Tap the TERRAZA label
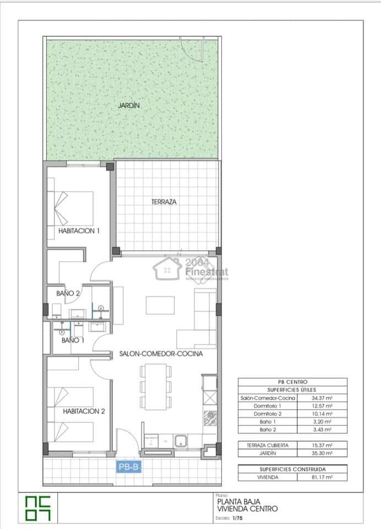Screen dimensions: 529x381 [x=164, y=202]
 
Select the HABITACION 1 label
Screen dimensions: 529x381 [x=79, y=231]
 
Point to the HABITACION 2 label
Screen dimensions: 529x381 [x=84, y=411]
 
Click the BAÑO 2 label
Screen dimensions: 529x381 [x=68, y=294]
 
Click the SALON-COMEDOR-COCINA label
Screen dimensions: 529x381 [x=161, y=354]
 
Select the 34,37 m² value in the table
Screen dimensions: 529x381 [x=321, y=398]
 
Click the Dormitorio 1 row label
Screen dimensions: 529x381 [x=267, y=406]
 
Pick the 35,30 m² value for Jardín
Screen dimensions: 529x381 [x=321, y=453]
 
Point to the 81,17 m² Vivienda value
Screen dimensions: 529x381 [x=321, y=477]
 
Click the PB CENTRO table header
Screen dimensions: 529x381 [x=292, y=382]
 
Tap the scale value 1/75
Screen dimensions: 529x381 [x=237, y=519]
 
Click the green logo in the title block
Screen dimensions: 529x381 [x=37, y=508]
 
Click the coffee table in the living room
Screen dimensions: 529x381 [x=160, y=305]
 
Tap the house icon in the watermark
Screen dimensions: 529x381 [x=168, y=268]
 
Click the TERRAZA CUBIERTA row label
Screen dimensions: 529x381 [x=267, y=445]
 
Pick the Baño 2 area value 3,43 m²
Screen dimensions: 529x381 [x=321, y=429]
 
